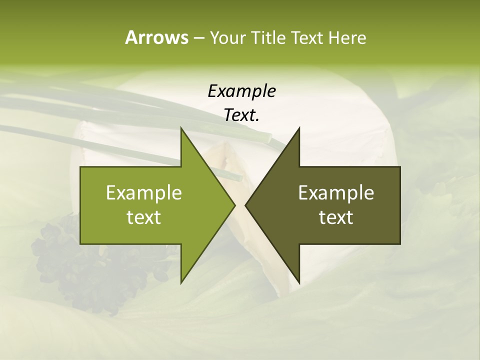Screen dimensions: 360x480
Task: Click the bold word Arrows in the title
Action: pyautogui.click(x=156, y=37)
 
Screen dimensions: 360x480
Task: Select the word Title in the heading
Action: pyautogui.click(x=267, y=37)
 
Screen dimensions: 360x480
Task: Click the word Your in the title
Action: pyautogui.click(x=226, y=37)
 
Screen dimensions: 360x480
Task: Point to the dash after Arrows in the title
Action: pyautogui.click(x=198, y=38)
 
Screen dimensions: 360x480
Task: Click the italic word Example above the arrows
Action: pyautogui.click(x=241, y=91)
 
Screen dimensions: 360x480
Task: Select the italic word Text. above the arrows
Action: pyautogui.click(x=241, y=115)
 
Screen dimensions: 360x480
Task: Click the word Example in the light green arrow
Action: pyautogui.click(x=144, y=192)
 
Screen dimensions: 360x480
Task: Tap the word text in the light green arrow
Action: pyautogui.click(x=144, y=217)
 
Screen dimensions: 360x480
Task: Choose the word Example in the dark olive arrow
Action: pyautogui.click(x=336, y=192)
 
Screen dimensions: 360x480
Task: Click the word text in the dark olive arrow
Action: pyautogui.click(x=336, y=217)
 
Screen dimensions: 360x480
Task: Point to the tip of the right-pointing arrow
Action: pyautogui.click(x=234, y=205)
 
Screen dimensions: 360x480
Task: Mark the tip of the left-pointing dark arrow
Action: pyautogui.click(x=245, y=205)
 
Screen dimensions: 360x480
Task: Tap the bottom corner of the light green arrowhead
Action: pyautogui.click(x=181, y=283)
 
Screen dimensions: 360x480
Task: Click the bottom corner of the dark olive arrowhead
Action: pyautogui.click(x=299, y=283)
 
